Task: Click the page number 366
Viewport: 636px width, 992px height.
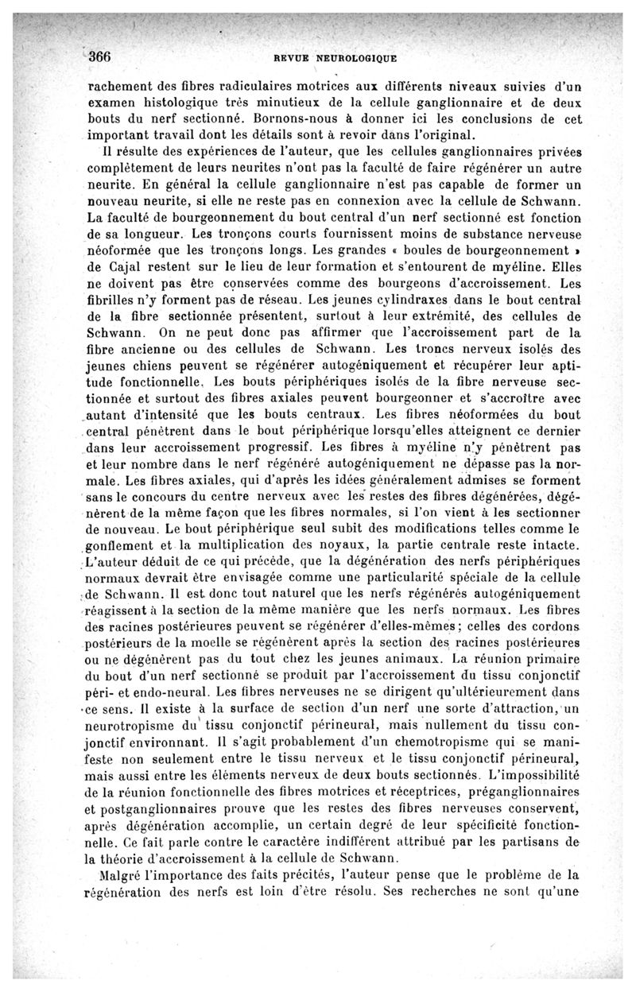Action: pos(103,56)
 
